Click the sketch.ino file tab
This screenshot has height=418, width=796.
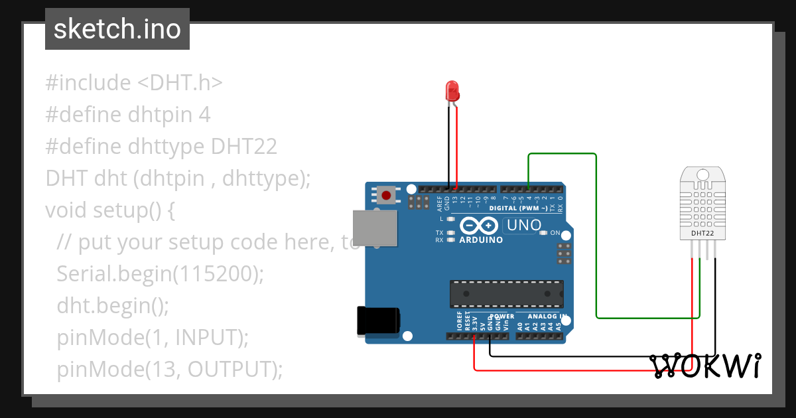[x=117, y=29]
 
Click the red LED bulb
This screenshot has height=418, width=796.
[x=452, y=91]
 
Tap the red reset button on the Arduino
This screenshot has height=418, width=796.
[x=387, y=195]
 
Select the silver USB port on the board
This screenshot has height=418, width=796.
[x=375, y=228]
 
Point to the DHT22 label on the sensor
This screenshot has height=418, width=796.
[x=702, y=234]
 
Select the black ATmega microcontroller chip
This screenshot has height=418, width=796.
[x=507, y=294]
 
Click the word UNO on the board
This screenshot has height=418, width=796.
[x=524, y=226]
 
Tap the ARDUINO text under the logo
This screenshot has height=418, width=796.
[x=481, y=240]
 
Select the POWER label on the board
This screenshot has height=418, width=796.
[x=502, y=316]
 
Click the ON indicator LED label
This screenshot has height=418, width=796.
[x=556, y=233]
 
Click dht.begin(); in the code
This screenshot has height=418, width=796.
[x=113, y=306]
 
